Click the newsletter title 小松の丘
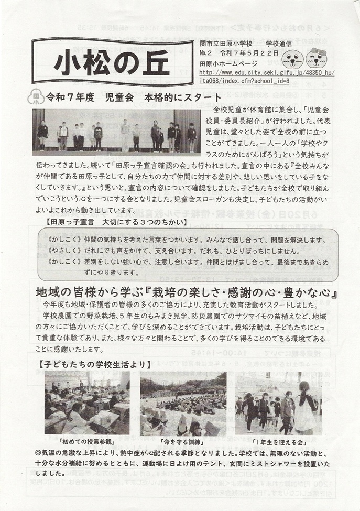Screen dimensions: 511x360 pos(113,63)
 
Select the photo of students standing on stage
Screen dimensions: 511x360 pos(116,132)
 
